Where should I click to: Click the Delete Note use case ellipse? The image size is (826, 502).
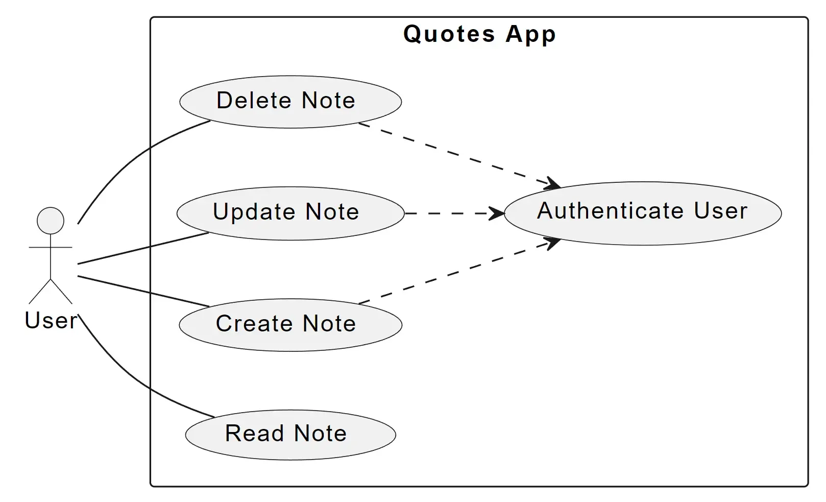point(290,101)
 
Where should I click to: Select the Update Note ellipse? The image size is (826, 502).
point(290,213)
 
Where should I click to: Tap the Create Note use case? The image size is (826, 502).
point(290,325)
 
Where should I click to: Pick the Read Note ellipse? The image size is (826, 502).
point(290,435)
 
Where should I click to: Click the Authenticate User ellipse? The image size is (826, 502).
point(642,213)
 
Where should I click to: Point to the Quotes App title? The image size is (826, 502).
point(479,35)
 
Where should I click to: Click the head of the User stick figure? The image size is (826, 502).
point(51,221)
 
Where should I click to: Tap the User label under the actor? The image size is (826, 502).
point(51,321)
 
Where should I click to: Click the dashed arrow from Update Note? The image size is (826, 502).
point(449,213)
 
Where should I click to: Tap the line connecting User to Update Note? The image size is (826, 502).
point(143,248)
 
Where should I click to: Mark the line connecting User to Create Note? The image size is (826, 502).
point(143,291)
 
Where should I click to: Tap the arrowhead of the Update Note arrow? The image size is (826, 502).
point(497,213)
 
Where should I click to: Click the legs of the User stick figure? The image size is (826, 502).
point(51,291)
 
